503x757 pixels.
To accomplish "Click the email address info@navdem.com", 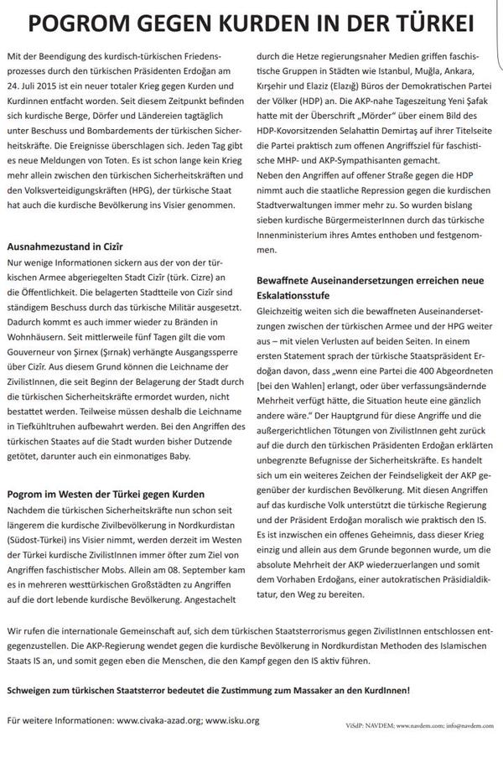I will (x=464, y=723).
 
